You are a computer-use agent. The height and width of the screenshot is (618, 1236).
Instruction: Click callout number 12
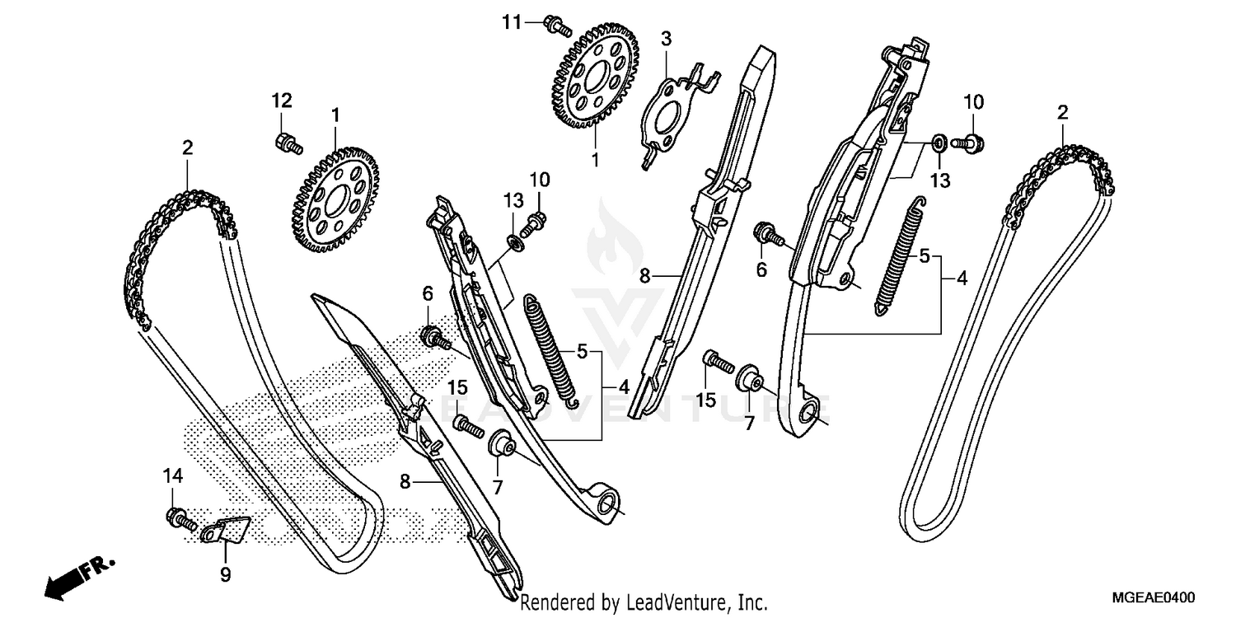[282, 101]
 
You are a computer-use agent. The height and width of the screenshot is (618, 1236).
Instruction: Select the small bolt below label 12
[288, 144]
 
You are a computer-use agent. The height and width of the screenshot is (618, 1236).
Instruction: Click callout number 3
[666, 38]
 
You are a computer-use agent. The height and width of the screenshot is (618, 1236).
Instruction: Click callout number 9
[225, 573]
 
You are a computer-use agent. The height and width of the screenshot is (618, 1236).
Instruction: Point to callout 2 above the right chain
[1062, 112]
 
